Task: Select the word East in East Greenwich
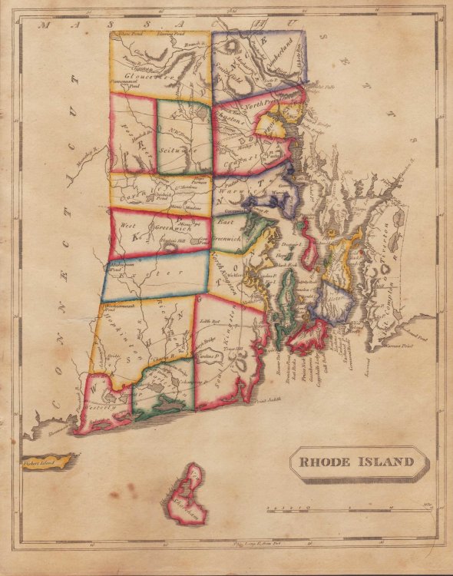[224, 221]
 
